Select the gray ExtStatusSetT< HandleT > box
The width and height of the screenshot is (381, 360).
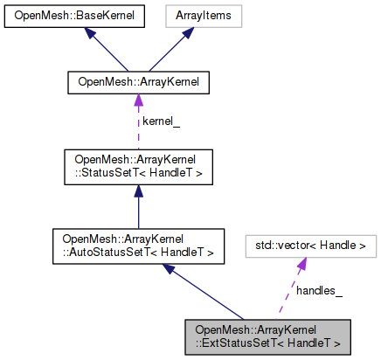click(267, 336)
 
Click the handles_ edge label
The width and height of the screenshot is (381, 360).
click(319, 289)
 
